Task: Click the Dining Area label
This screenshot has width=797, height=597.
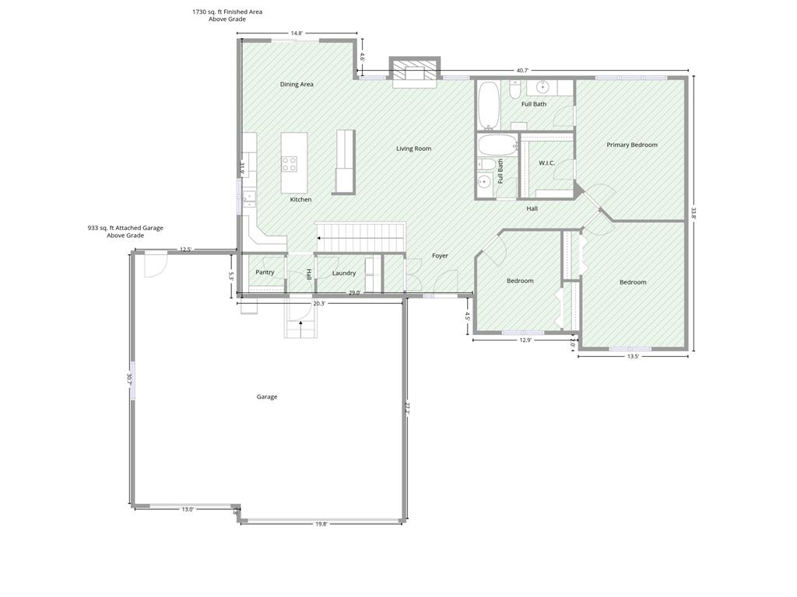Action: (297, 84)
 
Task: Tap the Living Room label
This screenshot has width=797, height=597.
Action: (414, 148)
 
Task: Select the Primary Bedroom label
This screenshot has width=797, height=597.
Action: (632, 145)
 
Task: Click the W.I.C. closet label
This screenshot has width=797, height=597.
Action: (546, 163)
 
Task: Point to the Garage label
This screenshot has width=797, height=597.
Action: (267, 397)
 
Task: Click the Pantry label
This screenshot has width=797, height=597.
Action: (265, 272)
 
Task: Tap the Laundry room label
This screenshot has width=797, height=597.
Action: (344, 273)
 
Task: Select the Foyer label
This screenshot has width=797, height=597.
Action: (441, 256)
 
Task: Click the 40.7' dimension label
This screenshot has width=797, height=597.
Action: (522, 71)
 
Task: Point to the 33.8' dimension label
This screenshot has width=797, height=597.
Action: (693, 212)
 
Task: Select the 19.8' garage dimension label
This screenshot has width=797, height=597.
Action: (321, 525)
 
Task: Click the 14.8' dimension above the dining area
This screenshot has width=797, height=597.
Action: (297, 33)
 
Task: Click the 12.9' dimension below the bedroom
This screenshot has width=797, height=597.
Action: (525, 340)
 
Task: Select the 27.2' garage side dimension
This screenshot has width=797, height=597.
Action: (406, 409)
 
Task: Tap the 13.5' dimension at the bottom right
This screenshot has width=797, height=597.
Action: (633, 356)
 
